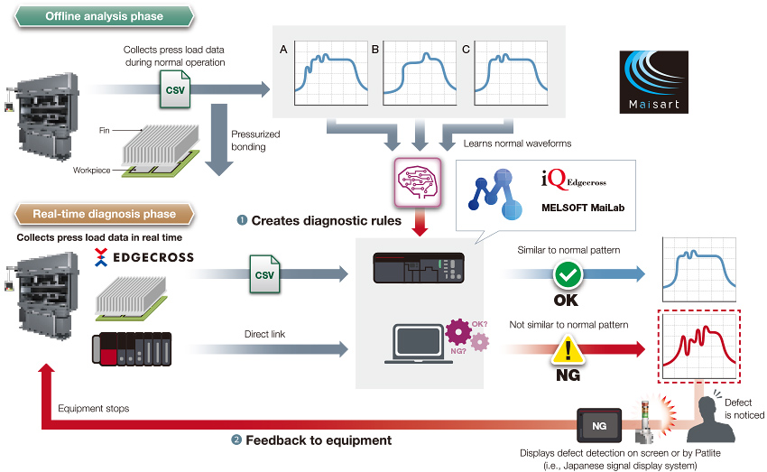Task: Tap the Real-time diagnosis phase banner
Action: pyautogui.click(x=103, y=214)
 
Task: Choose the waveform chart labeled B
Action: pyautogui.click(x=420, y=69)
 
